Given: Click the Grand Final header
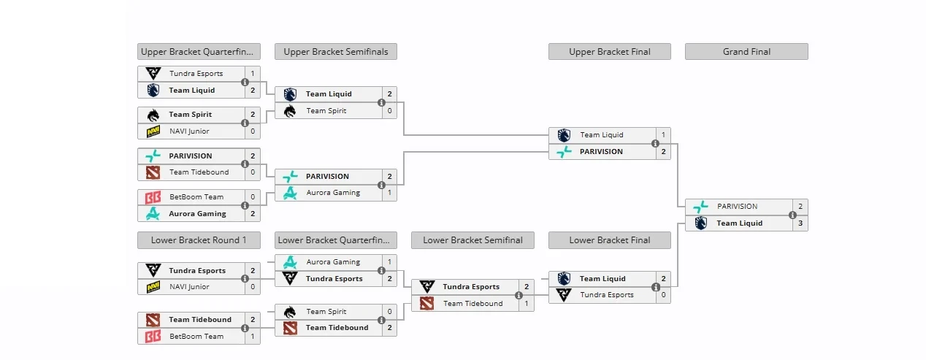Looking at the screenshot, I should pos(746,52).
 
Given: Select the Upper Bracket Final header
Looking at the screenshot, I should pos(609,52).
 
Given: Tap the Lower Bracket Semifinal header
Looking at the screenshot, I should pos(472,240).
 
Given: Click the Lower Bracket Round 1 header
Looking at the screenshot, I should pos(199,240).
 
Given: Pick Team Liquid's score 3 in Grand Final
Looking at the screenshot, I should pos(800,223).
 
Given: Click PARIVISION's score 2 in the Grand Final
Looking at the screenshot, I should pos(800,207).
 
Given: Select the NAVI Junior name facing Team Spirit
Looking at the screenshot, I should pos(189,131).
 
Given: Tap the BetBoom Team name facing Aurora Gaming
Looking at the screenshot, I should pos(196,197).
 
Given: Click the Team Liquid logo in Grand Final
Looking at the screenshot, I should pos(700,223).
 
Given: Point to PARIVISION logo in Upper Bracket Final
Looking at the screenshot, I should pos(564,152).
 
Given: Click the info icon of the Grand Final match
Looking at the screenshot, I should pos(792,215).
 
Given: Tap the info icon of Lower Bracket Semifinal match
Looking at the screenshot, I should pos(519,296).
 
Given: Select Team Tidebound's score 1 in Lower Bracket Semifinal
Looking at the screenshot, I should pos(527,304).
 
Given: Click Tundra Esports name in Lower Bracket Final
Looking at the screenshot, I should pos(607,295).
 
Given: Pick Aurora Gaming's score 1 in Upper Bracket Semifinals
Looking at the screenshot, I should pos(390,193).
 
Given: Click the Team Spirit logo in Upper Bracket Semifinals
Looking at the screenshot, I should pos(290,111).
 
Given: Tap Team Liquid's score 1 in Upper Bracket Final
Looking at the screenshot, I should pos(663,135).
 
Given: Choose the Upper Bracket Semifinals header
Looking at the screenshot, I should pos(336,52).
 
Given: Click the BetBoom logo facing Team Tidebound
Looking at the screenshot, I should pos(153,337).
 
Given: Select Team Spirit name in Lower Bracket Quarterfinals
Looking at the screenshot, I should pos(326,312).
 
